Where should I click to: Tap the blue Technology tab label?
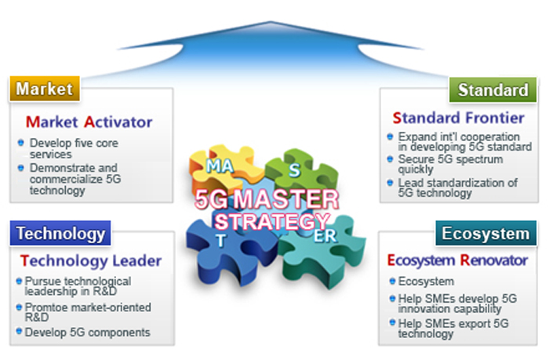click(60, 233)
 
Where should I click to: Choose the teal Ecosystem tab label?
click(485, 234)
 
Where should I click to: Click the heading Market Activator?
click(89, 122)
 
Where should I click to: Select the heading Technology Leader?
click(91, 260)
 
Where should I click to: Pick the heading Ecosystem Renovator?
click(457, 260)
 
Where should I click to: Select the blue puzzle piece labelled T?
click(222, 239)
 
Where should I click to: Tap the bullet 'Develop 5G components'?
click(87, 333)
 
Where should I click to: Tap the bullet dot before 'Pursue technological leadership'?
click(18, 281)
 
